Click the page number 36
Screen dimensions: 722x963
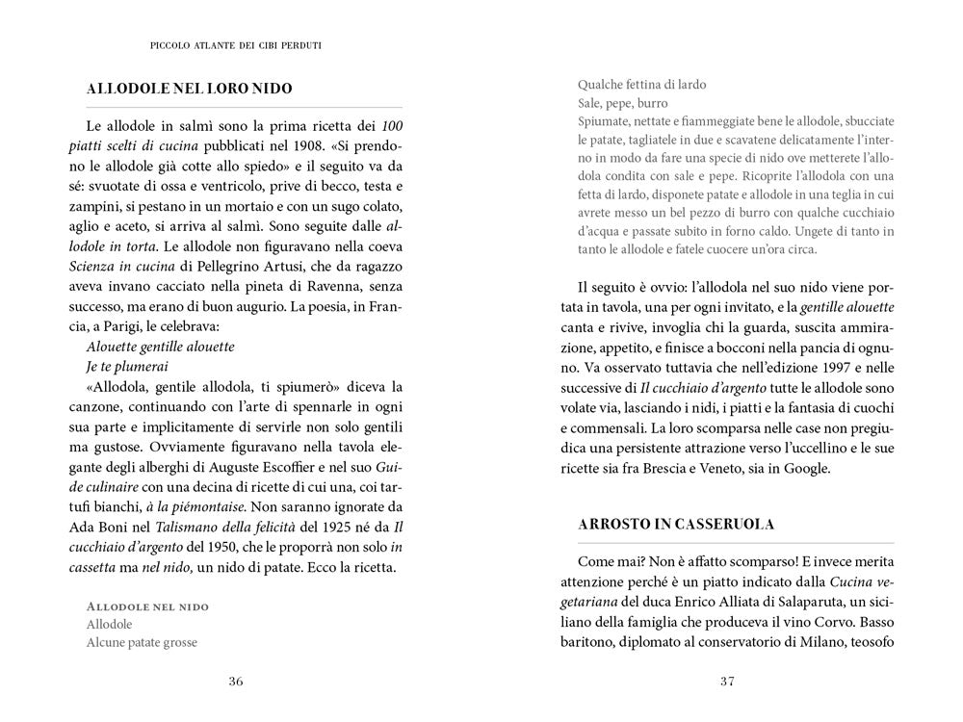pos(235,682)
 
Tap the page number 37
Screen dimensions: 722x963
pos(727,682)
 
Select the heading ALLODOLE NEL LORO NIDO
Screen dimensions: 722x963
pos(189,90)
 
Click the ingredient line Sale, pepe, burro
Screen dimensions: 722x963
pos(623,103)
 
